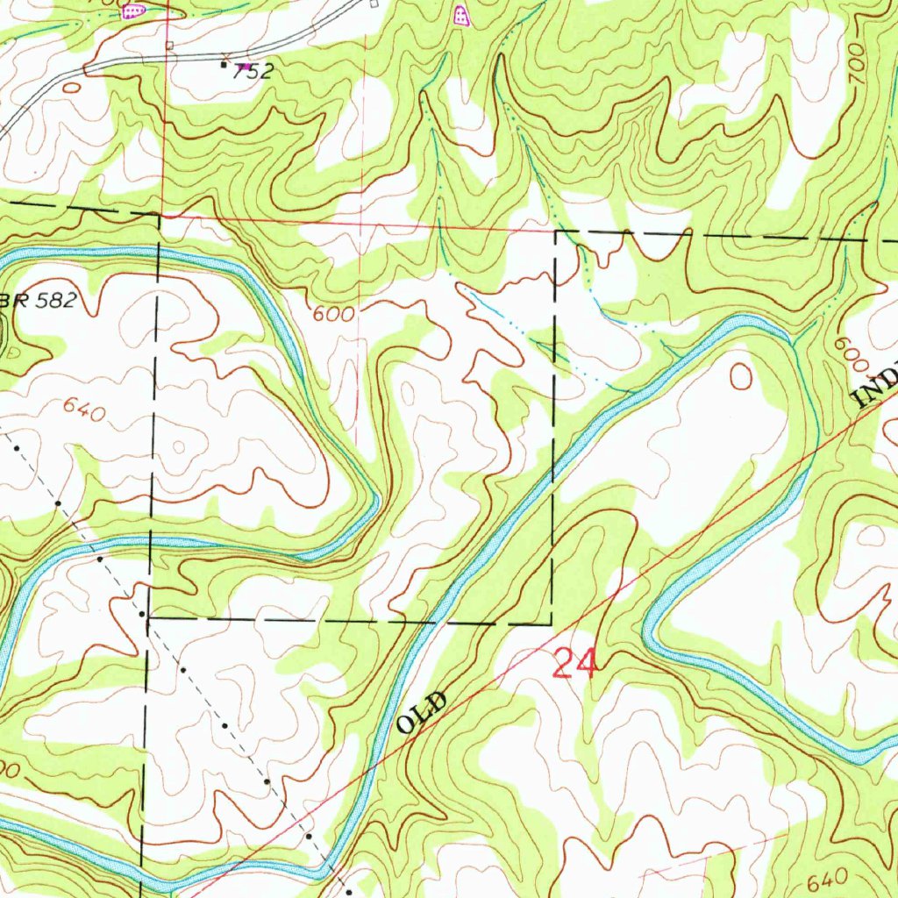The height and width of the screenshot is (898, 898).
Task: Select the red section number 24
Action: (575, 663)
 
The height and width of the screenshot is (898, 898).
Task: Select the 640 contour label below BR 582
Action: (85, 409)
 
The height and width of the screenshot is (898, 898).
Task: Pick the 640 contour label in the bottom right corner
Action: (824, 878)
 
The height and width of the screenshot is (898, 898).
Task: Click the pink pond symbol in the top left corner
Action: (132, 11)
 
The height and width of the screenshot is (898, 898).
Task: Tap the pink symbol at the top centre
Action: (461, 14)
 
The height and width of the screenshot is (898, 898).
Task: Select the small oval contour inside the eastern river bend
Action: (741, 377)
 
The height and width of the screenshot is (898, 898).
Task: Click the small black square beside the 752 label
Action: (224, 64)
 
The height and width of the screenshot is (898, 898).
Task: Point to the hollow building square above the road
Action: (170, 44)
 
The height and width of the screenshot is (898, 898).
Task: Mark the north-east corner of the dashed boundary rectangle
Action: (556, 232)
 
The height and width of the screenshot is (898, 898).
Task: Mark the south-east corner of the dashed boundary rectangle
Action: (552, 624)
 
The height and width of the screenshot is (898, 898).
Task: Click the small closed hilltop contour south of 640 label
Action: (180, 447)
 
